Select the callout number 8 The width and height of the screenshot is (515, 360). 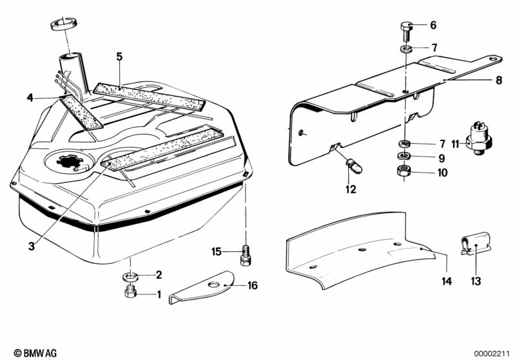pyautogui.click(x=498, y=81)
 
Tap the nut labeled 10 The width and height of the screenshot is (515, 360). pyautogui.click(x=406, y=172)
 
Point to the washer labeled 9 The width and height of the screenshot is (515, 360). pyautogui.click(x=406, y=157)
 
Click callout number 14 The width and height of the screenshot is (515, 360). pyautogui.click(x=446, y=281)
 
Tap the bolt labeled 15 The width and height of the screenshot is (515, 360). pyautogui.click(x=245, y=254)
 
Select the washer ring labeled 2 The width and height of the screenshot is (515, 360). pyautogui.click(x=130, y=276)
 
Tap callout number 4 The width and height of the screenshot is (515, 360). pyautogui.click(x=30, y=98)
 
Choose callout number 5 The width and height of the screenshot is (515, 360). pyautogui.click(x=119, y=55)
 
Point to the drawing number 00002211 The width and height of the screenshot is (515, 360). pyautogui.click(x=492, y=353)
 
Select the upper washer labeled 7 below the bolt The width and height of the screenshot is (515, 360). pyautogui.click(x=406, y=49)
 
